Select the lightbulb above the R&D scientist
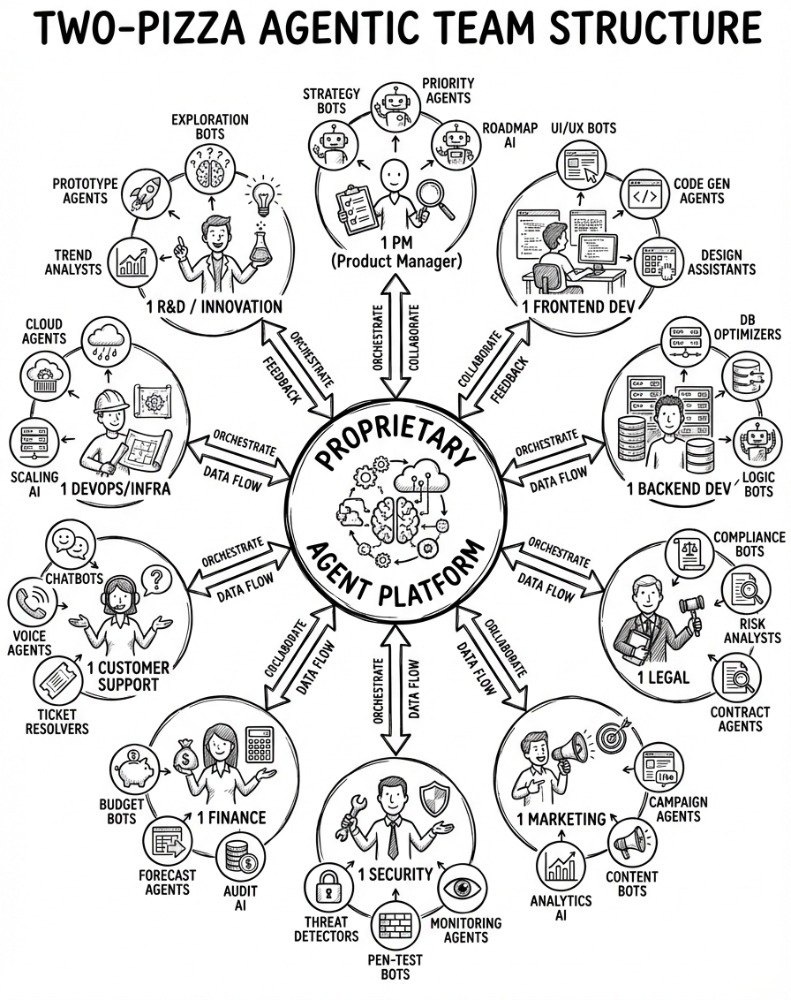click(x=263, y=196)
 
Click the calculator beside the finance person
click(x=260, y=744)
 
